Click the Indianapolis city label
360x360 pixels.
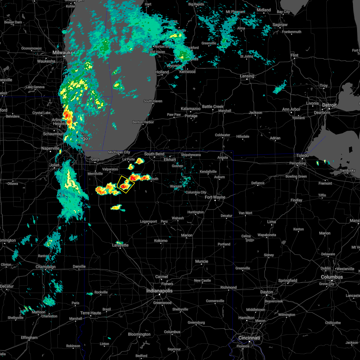point(159,291)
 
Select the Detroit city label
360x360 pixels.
point(329,105)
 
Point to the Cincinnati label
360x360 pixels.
point(249,338)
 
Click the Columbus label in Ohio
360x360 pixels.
point(332,277)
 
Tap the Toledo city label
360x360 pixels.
point(303,155)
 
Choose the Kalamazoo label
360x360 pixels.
point(190,109)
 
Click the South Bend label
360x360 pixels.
point(154,154)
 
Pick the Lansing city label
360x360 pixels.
point(247,76)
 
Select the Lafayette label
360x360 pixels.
point(120,245)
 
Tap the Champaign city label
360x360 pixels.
point(46,267)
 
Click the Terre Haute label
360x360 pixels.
point(91,313)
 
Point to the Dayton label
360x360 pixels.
point(266,292)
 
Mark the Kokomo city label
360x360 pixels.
point(161,241)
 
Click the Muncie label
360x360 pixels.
point(202,261)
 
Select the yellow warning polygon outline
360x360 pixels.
point(126,184)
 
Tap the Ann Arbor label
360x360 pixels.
point(291,109)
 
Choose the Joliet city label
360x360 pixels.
point(54,165)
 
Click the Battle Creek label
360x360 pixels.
point(213,106)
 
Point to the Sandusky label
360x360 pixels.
point(348,170)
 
